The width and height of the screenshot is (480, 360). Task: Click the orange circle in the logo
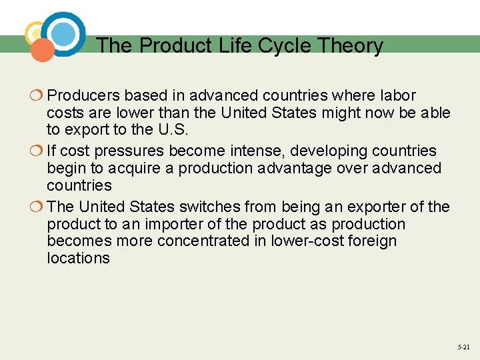(42, 50)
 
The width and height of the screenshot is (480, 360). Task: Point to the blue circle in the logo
(64, 33)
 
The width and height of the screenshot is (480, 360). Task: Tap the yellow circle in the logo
(35, 33)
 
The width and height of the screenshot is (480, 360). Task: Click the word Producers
(85, 96)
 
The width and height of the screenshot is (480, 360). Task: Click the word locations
(78, 258)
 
